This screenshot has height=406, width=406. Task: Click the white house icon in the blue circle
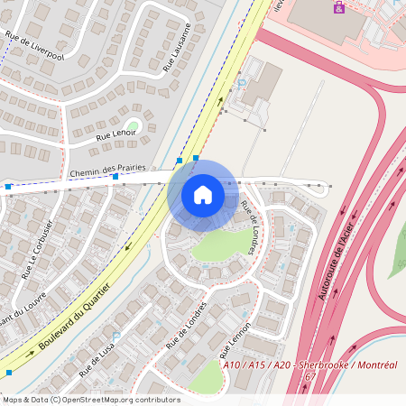(x=203, y=195)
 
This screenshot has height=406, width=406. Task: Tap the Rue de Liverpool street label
(x=34, y=46)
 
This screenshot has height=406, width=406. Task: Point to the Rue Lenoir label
(x=115, y=135)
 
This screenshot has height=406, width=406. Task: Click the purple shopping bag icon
(x=338, y=7)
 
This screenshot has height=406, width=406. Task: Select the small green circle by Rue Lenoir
(x=134, y=125)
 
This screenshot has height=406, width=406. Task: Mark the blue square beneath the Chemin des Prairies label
(x=115, y=177)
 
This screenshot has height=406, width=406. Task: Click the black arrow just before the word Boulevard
(x=30, y=353)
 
